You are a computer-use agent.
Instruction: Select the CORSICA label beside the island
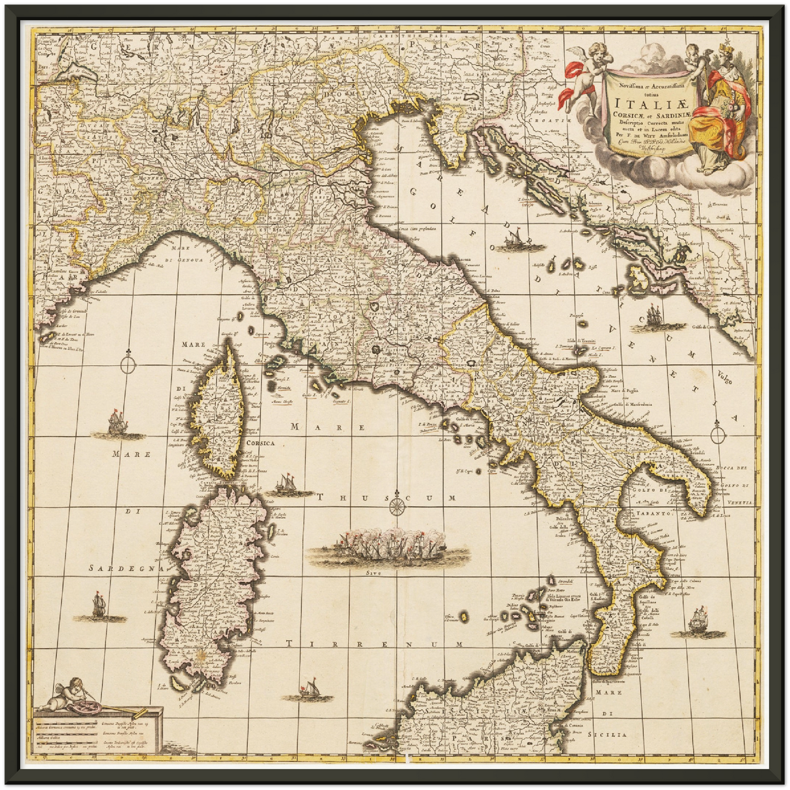260,443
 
